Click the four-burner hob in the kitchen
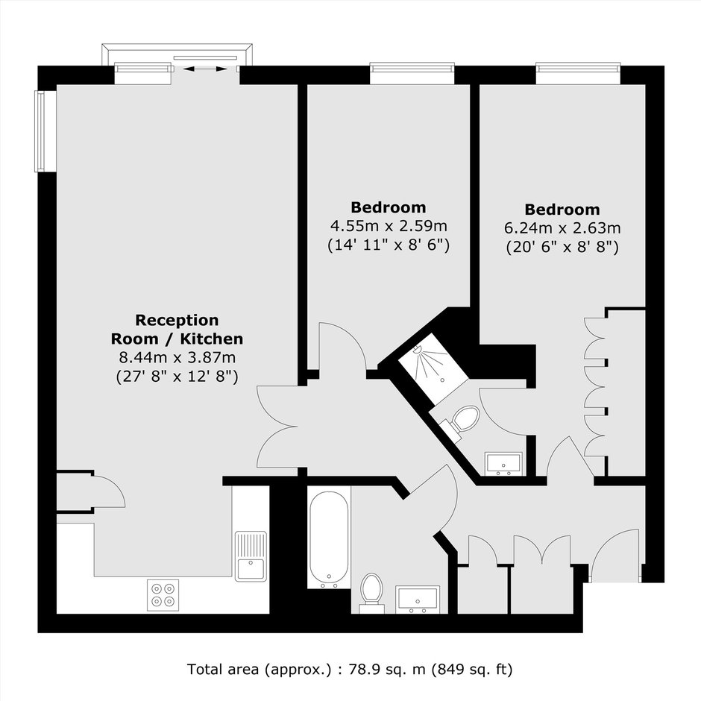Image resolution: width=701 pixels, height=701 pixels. click(163, 595)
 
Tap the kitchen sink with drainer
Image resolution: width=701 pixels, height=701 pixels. click(251, 556)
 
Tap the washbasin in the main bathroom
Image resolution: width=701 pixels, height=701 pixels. click(417, 600)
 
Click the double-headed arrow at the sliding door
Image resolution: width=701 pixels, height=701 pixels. click(205, 69)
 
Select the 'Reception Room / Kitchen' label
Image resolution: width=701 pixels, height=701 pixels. click(177, 330)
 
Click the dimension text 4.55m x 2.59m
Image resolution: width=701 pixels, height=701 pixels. click(389, 226)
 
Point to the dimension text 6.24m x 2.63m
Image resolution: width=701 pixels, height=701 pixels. click(562, 228)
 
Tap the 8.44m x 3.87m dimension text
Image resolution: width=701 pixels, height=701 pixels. click(177, 358)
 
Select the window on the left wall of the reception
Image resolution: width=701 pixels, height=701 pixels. click(45, 131)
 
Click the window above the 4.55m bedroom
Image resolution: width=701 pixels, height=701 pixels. click(412, 73)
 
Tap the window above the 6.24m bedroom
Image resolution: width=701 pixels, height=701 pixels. click(579, 73)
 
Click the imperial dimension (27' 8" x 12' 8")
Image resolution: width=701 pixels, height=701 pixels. click(177, 377)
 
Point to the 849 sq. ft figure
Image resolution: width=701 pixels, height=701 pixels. click(471, 670)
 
